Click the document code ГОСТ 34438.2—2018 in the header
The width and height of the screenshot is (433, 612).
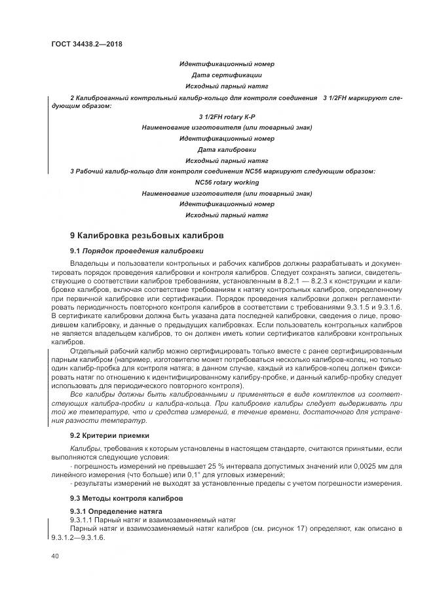pyautogui.click(x=86, y=45)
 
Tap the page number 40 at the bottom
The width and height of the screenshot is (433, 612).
pyautogui.click(x=54, y=556)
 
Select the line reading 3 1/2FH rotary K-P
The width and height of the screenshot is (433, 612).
pyautogui.click(x=227, y=117)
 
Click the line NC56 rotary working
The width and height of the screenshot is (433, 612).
pyautogui.click(x=227, y=183)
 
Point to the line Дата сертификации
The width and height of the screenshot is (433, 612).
pyautogui.click(x=227, y=75)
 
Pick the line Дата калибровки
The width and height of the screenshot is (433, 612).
pyautogui.click(x=227, y=150)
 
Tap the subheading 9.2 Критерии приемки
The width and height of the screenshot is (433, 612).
pyautogui.click(x=109, y=435)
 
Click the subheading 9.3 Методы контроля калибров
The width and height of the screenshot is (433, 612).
pyautogui.click(x=121, y=499)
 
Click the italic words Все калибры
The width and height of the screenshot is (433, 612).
pyautogui.click(x=92, y=394)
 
